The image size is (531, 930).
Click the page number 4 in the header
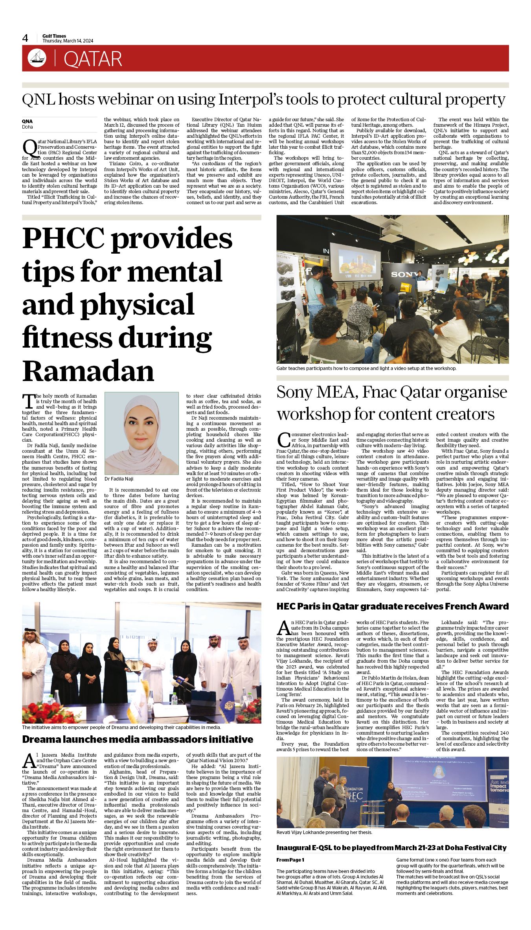click(26, 38)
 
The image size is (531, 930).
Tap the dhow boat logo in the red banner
click(37, 58)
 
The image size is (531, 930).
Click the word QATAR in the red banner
click(93, 59)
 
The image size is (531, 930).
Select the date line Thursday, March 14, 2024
click(68, 41)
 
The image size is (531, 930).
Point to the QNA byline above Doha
click(27, 122)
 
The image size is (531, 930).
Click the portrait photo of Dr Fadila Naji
click(141, 433)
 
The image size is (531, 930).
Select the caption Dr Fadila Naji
click(119, 479)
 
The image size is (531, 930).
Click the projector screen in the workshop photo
click(355, 262)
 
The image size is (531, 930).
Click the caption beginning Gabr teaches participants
click(366, 368)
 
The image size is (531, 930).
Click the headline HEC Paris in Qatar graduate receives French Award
click(392, 606)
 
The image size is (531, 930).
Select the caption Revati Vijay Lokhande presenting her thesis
click(324, 832)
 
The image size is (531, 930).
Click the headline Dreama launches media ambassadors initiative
click(138, 739)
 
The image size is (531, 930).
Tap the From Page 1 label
click(290, 860)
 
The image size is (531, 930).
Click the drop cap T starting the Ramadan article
click(28, 401)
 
